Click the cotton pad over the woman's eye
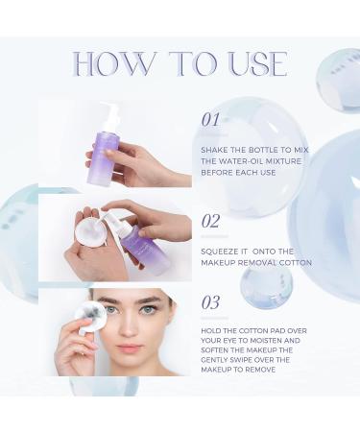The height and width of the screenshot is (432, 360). click(89, 318)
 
